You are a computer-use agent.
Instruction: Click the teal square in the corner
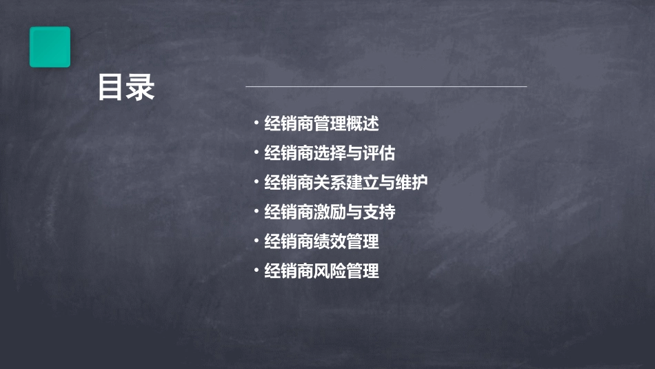click(x=50, y=47)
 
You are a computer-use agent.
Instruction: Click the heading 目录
click(x=126, y=88)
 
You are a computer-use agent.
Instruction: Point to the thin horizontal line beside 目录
click(x=386, y=86)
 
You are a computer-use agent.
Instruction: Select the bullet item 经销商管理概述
click(x=321, y=124)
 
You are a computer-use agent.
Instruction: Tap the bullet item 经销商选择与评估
click(x=330, y=153)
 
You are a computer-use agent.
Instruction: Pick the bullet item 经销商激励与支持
click(x=330, y=212)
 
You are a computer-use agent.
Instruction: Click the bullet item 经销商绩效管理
click(x=321, y=241)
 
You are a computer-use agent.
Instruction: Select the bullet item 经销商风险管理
click(x=321, y=271)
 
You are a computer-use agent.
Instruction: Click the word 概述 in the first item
click(x=363, y=124)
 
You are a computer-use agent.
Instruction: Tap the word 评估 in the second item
click(x=379, y=153)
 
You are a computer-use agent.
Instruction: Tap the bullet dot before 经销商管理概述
click(x=256, y=124)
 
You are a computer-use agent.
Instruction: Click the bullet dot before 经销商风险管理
click(x=256, y=270)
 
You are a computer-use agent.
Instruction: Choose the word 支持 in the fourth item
click(x=379, y=212)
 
